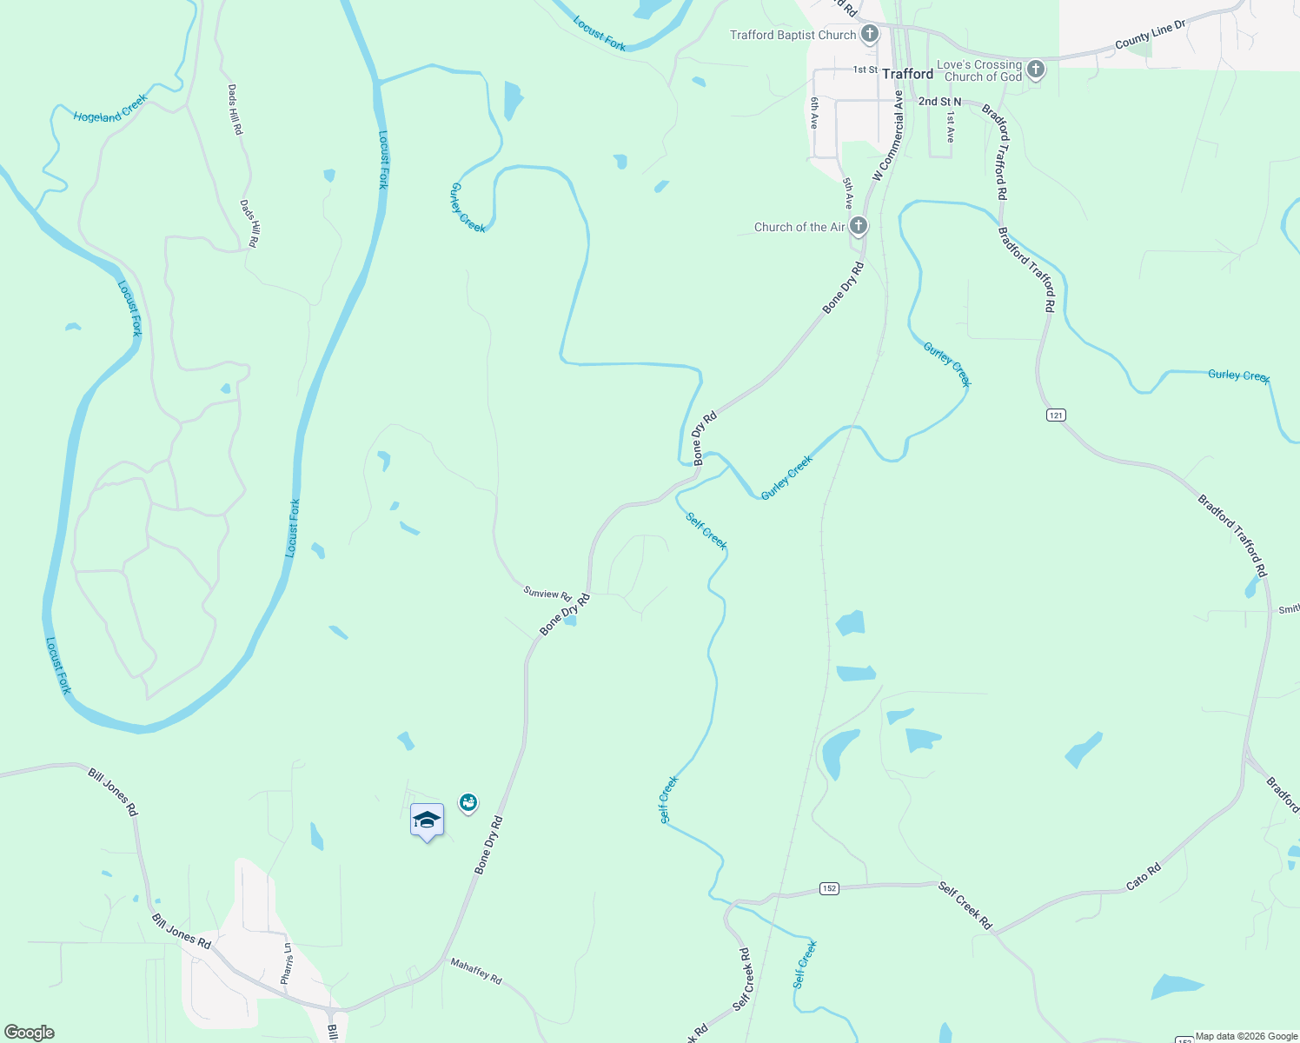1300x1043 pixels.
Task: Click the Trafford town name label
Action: [907, 74]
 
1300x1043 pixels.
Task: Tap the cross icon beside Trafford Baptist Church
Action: [869, 35]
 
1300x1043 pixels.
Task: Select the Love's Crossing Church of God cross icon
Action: [1035, 70]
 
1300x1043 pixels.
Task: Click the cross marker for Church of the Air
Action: [859, 227]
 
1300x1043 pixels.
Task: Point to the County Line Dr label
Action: [1150, 36]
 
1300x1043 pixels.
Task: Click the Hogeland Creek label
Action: [110, 111]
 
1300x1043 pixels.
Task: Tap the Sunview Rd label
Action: [547, 594]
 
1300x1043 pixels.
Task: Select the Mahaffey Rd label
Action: [475, 971]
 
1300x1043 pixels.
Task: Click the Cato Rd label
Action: [1143, 876]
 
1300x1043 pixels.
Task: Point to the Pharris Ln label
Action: [287, 964]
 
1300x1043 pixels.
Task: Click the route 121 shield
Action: [1055, 415]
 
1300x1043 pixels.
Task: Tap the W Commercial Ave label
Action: [888, 136]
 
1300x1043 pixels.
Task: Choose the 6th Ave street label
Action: [814, 113]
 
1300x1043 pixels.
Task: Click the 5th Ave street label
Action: [848, 193]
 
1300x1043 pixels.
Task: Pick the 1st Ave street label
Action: [952, 127]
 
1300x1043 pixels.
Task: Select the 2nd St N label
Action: [939, 102]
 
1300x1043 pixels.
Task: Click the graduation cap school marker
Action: [427, 820]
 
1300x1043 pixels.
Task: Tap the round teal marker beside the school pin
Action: [468, 802]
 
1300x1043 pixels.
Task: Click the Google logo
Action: [30, 1033]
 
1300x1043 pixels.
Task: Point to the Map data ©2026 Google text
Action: [1246, 1036]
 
